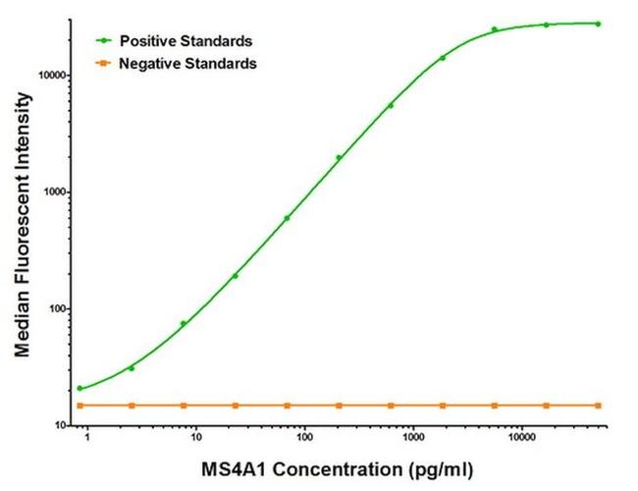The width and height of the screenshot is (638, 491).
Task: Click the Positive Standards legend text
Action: coord(186,41)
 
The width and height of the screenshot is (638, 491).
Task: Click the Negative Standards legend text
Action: coord(187,63)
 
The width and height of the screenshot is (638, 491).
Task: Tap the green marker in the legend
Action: coord(102,41)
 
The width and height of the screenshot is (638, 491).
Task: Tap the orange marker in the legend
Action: coord(102,63)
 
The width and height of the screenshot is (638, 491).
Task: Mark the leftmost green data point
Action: coord(80,388)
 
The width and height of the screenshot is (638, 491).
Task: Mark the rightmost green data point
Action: coord(598,24)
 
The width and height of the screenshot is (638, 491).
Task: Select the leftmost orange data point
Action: coord(80,405)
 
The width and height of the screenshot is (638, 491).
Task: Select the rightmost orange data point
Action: coord(598,405)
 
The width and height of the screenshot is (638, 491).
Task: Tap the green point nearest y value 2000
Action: coord(339,157)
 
